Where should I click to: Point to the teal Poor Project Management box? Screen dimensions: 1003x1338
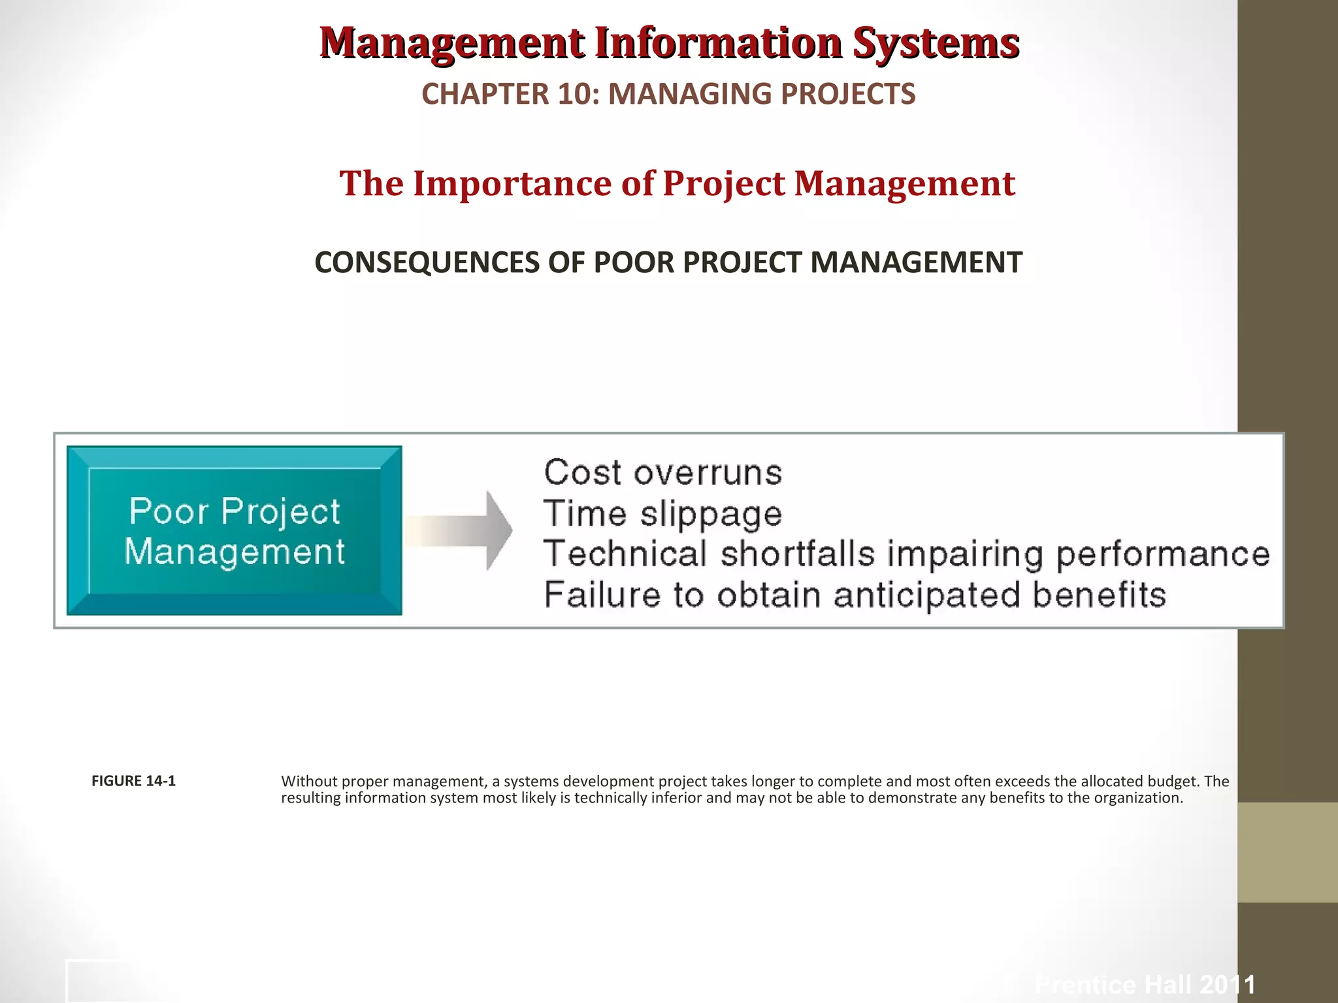pos(234,530)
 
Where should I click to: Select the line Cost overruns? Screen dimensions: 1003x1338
pos(662,473)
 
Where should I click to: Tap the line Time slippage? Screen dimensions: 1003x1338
pos(662,514)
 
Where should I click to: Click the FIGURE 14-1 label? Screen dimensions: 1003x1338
pos(133,781)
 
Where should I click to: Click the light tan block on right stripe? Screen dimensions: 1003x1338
pos(1287,852)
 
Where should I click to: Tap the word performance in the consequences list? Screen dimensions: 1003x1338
pos(1163,554)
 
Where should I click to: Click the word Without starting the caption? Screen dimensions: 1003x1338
pos(309,782)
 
